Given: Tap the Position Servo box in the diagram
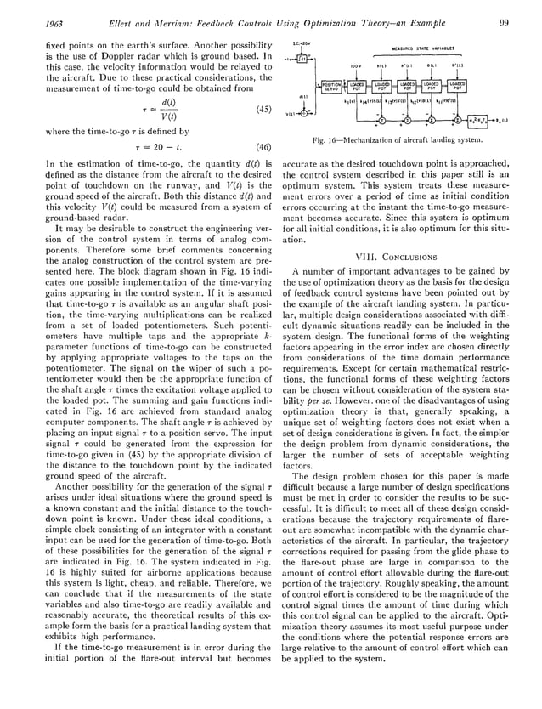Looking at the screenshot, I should click(331, 87).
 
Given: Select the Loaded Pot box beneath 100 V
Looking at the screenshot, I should click(356, 87).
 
